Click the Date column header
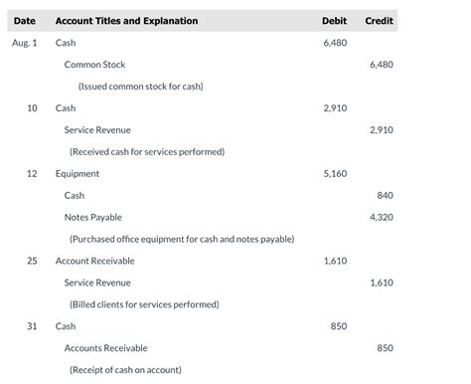(x=25, y=21)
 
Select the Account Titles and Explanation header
(x=126, y=21)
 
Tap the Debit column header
(x=334, y=21)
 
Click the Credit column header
(x=379, y=21)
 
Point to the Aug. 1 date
(x=25, y=43)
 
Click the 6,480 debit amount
(x=335, y=43)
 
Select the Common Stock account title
(x=94, y=65)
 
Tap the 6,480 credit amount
(x=381, y=65)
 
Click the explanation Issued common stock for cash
(x=140, y=87)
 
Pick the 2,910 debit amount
(x=335, y=108)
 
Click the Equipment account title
(x=78, y=174)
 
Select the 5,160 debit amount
(x=335, y=174)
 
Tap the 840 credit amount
(x=386, y=196)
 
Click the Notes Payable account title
(x=93, y=217)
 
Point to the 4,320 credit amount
(x=381, y=217)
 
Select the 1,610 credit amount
(x=381, y=283)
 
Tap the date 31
(x=32, y=326)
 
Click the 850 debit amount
(x=339, y=326)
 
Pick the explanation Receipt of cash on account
(x=125, y=370)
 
